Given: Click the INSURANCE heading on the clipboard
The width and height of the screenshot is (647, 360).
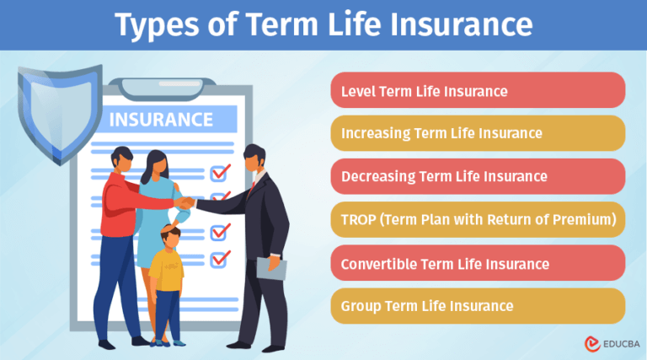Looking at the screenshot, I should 161,119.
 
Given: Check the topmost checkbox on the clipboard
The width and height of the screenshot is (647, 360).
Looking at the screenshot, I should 221,172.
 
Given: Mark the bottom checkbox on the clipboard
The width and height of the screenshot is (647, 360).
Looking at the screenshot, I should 221,258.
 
